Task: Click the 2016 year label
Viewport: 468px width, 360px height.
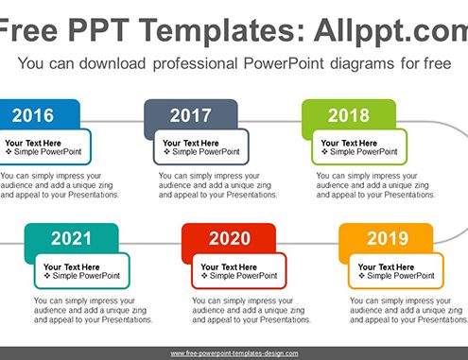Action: [x=33, y=115]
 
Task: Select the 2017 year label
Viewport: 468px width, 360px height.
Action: [x=191, y=115]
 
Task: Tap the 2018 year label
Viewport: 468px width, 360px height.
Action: [x=349, y=115]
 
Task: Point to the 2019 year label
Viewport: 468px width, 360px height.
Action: [x=388, y=238]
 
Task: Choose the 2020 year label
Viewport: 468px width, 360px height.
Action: [x=230, y=238]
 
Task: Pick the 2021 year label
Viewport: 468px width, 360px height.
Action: [x=71, y=238]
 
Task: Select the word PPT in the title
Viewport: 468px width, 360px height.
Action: [x=98, y=30]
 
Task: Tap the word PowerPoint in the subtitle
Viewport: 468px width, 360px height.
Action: [x=284, y=63]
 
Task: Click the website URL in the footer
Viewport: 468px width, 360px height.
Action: [x=234, y=353]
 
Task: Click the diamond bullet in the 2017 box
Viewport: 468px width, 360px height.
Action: [x=166, y=152]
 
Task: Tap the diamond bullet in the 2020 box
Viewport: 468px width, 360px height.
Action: [x=204, y=276]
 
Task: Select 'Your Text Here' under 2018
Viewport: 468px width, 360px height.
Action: [x=349, y=143]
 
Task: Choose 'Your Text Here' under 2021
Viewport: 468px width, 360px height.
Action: [x=72, y=267]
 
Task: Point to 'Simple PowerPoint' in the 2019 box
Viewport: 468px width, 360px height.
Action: [x=401, y=276]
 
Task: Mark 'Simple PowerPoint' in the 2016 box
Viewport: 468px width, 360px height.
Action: [x=47, y=152]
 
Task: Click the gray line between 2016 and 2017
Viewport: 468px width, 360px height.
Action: [x=113, y=121]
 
